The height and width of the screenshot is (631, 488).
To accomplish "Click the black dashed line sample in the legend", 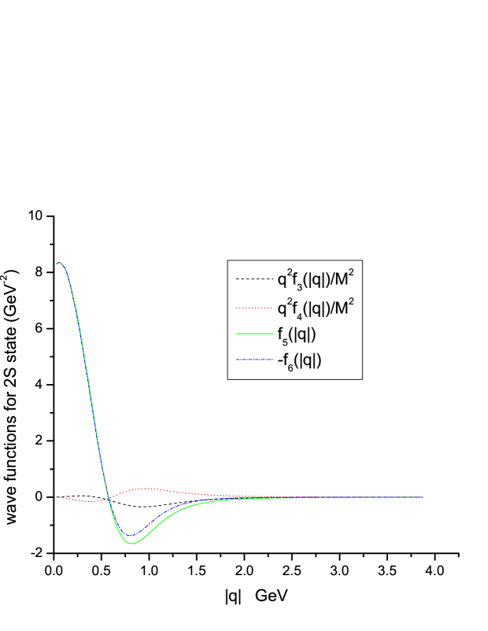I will (x=253, y=279).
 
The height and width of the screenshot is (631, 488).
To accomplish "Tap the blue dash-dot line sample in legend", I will (x=253, y=360).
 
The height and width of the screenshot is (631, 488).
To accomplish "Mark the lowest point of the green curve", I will (x=133, y=543).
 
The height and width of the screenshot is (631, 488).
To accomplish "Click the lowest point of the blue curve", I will (x=131, y=536).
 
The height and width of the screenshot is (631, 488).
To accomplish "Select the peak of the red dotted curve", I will (x=145, y=489).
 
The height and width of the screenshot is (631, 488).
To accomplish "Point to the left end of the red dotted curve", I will (x=57, y=497).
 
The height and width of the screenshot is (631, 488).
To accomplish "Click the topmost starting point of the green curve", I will (x=58, y=262).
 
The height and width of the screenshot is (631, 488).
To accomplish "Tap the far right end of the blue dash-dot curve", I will (x=423, y=497).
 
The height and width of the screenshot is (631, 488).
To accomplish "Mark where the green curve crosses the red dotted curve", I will (x=108, y=496).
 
